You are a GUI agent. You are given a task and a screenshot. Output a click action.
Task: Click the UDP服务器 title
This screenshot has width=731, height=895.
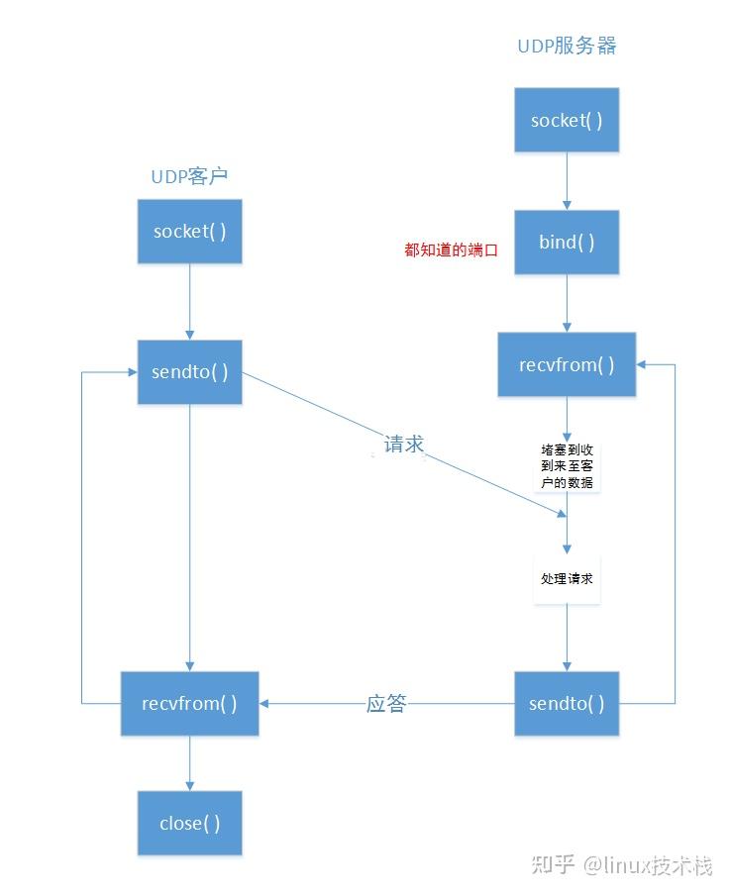(567, 47)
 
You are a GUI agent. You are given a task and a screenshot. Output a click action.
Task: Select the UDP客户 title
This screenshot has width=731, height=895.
(189, 176)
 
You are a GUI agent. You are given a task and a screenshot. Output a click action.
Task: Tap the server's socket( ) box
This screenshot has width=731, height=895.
(567, 121)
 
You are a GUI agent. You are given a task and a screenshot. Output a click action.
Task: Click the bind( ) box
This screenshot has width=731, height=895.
(567, 243)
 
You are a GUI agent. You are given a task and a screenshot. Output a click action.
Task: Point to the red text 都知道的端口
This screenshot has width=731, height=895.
(451, 250)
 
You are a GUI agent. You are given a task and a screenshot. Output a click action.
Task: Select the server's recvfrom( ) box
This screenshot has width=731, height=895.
(567, 364)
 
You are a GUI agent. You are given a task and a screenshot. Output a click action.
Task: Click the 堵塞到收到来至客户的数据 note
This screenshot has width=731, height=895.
(567, 465)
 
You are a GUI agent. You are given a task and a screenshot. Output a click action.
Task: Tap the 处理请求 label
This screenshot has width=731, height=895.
(567, 578)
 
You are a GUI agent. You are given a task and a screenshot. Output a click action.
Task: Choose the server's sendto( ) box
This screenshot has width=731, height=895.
(567, 704)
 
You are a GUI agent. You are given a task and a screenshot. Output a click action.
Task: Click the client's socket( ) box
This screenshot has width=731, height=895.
(189, 232)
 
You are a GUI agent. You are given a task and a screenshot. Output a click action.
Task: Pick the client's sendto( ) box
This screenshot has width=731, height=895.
(189, 372)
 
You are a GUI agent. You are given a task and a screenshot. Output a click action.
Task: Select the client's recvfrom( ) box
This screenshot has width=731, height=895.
(189, 704)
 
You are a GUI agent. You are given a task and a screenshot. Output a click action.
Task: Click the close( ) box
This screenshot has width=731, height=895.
(189, 824)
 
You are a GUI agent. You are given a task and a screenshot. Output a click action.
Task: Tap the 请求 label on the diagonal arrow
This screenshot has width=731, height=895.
(403, 445)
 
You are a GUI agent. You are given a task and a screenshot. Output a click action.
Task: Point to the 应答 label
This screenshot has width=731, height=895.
(386, 704)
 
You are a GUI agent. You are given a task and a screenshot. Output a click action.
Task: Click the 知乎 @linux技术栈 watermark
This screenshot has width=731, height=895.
(621, 864)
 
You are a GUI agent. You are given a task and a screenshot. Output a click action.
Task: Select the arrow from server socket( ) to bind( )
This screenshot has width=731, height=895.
(567, 181)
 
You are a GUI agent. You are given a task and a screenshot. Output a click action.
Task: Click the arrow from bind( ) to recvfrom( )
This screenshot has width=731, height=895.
(567, 303)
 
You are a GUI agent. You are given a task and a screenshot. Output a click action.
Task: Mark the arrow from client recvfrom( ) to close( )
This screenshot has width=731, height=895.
(189, 763)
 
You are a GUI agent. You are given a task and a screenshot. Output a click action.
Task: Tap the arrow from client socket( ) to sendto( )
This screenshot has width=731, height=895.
(189, 302)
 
